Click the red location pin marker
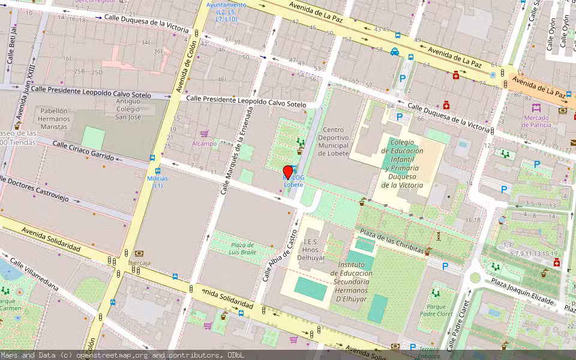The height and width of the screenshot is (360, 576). (288, 173)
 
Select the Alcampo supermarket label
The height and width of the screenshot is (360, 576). (204, 143)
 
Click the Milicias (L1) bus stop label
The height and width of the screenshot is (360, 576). (157, 182)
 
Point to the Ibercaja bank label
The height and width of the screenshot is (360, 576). (139, 262)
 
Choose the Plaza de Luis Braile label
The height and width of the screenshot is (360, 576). (244, 248)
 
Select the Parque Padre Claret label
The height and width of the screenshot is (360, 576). (436, 310)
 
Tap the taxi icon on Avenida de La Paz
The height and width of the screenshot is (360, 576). (395, 52)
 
